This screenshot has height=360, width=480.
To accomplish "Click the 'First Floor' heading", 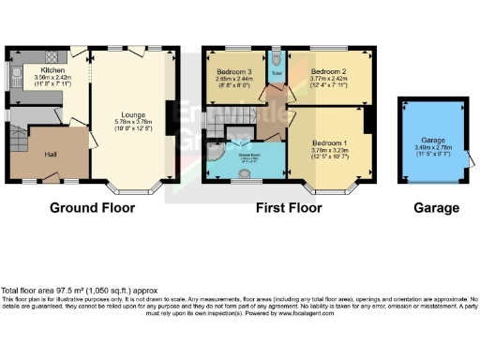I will click(x=290, y=208).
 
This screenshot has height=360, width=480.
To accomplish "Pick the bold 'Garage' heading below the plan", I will click(x=436, y=208).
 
